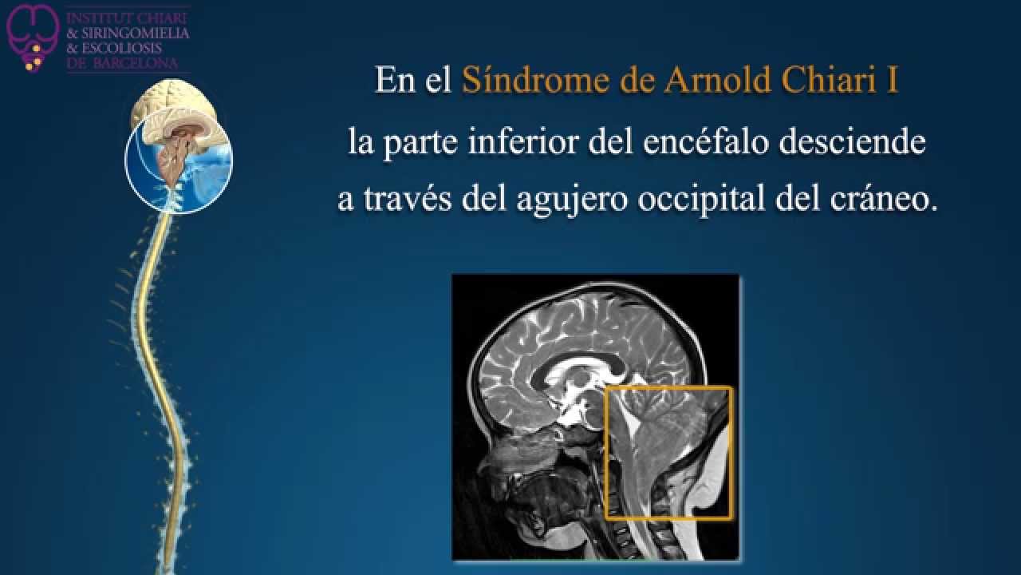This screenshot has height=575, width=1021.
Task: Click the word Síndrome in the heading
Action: coord(535,80)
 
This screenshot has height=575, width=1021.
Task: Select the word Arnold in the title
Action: coord(717,80)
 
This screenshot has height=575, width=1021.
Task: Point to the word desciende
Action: coord(853,141)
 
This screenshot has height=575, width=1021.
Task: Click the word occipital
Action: coord(701,200)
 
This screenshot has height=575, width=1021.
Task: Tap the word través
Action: coord(408,200)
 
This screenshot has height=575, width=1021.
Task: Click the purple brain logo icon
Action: coord(33,38)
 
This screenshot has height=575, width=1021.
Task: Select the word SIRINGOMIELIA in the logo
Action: coord(136,34)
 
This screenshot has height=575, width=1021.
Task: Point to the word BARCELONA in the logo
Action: coord(136,63)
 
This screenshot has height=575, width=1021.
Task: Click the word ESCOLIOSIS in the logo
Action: coord(121,49)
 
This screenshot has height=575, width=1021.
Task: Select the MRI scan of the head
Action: coord(595,417)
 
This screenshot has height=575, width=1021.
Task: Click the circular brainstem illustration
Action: coord(179,161)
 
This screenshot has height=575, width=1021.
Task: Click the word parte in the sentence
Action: coord(420,143)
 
